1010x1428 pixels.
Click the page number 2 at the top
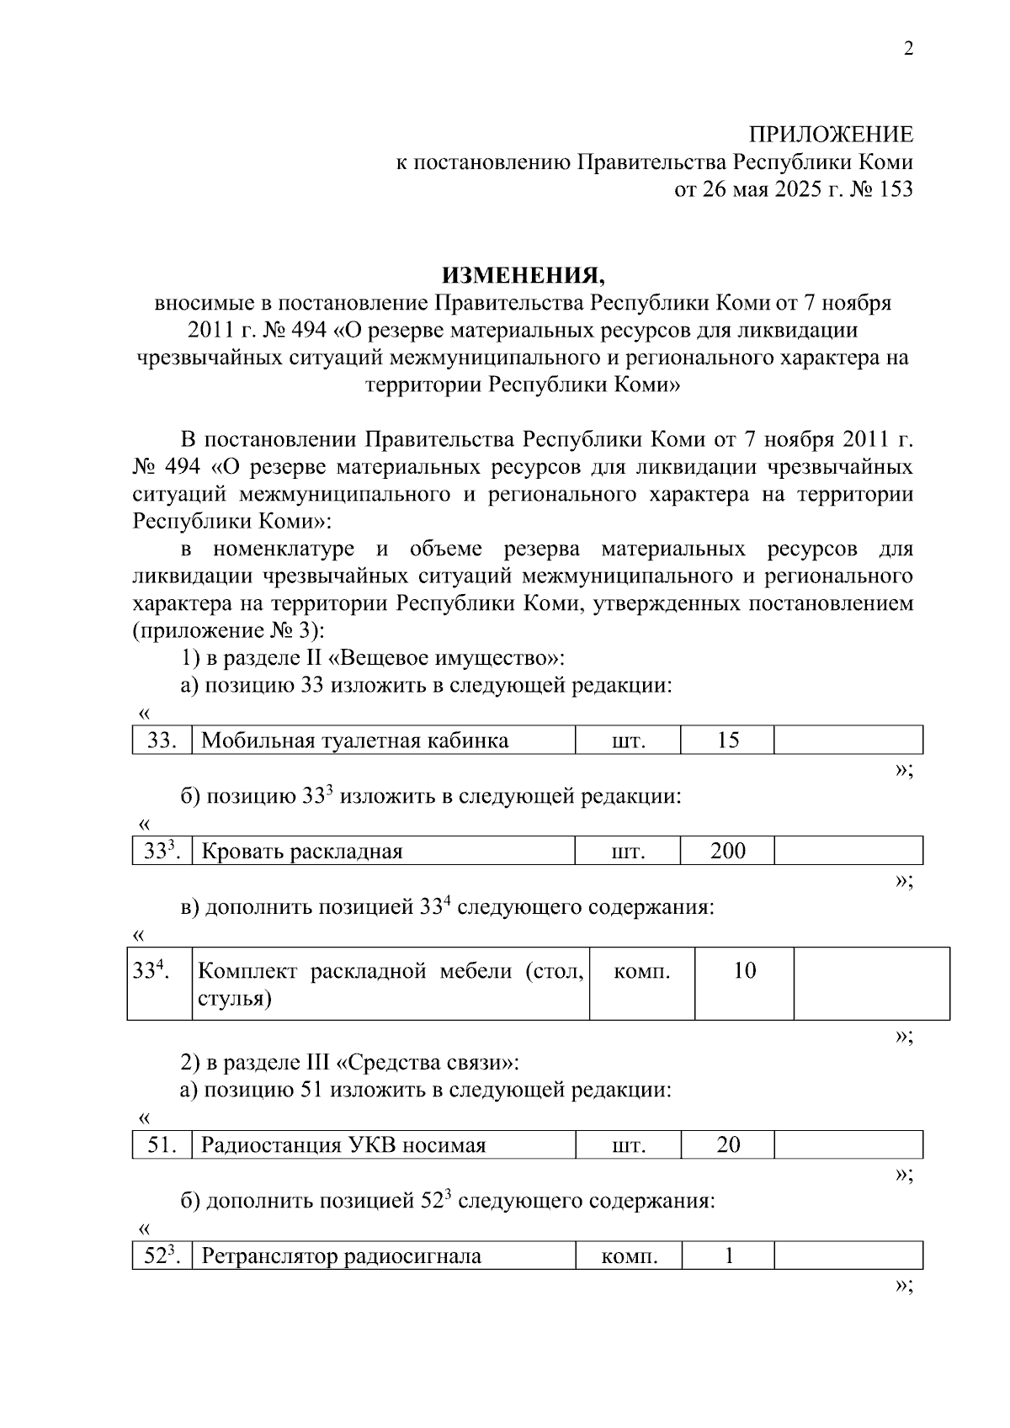pos(907,49)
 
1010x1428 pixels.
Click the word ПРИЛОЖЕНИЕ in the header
pos(831,135)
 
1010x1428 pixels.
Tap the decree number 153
pos(895,189)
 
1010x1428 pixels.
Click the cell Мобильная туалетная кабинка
pos(355,741)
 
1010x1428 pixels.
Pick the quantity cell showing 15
pos(727,741)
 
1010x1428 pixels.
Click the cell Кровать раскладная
pos(302,851)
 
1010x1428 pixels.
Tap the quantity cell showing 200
pos(727,851)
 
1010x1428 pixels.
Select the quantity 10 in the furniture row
pos(744,971)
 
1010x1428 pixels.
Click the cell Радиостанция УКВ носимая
pos(343,1145)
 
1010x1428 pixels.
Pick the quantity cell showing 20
pos(727,1145)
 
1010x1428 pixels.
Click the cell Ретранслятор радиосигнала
pos(342,1256)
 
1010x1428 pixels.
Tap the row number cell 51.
pos(162,1145)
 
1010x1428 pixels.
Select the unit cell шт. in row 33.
pos(627,741)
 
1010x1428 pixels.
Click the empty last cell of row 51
pos(848,1145)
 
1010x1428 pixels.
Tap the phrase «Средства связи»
pos(421,1063)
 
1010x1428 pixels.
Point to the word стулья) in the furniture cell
pos(235,999)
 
